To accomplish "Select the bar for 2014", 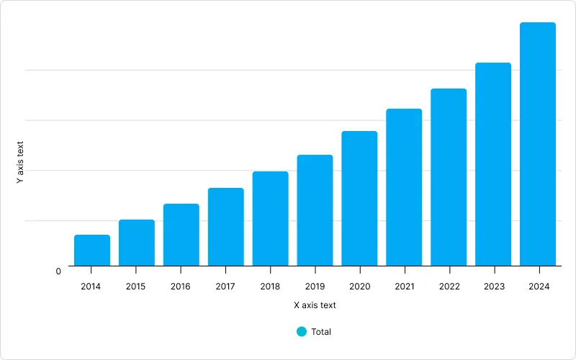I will (92, 251).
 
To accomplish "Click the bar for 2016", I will (181, 235).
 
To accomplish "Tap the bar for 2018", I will (270, 219).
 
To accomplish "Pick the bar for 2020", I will (359, 199).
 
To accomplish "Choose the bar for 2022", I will (449, 177).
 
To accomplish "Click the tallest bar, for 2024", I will (538, 144).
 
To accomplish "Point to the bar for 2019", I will (315, 210).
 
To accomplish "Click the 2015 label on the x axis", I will (135, 287).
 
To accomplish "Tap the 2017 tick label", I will (225, 287).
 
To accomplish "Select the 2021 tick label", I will (404, 287).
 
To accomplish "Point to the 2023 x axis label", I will (493, 287).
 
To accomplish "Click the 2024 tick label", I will (539, 287).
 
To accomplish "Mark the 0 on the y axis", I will (58, 271).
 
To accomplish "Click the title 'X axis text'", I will (315, 305).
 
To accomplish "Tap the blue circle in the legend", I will (302, 332).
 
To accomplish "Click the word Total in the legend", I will (321, 332).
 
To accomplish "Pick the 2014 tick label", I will (91, 287).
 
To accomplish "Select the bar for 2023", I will (493, 164).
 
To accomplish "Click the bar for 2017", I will (226, 227).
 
